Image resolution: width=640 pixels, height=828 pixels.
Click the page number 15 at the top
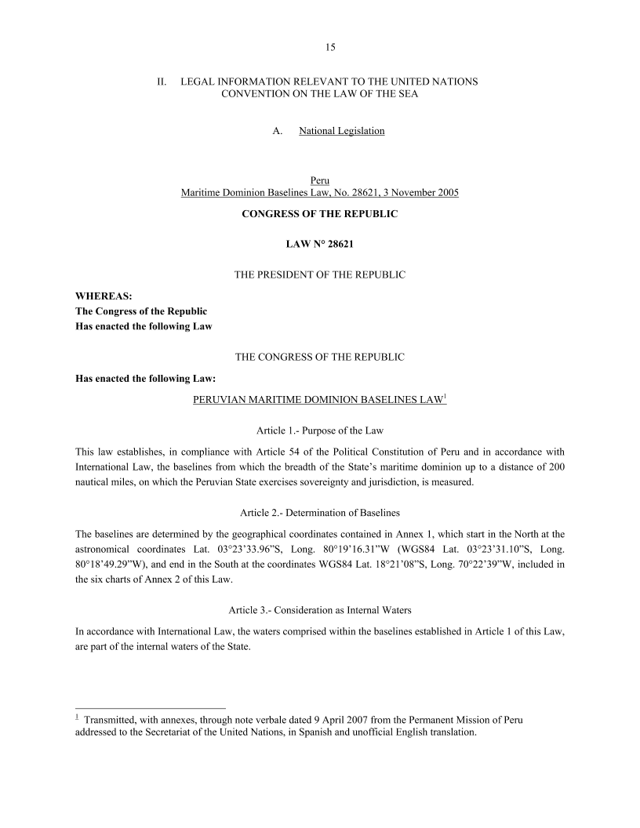(x=330, y=48)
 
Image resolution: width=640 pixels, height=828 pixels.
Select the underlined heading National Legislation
(x=341, y=131)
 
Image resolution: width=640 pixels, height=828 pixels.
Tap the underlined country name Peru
(x=320, y=181)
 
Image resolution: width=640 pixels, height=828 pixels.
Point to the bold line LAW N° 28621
(x=319, y=245)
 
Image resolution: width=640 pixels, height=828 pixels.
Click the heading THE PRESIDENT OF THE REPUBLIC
(x=320, y=275)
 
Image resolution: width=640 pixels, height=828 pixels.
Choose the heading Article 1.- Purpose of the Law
(x=319, y=430)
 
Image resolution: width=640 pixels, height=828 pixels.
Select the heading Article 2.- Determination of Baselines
(x=320, y=513)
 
